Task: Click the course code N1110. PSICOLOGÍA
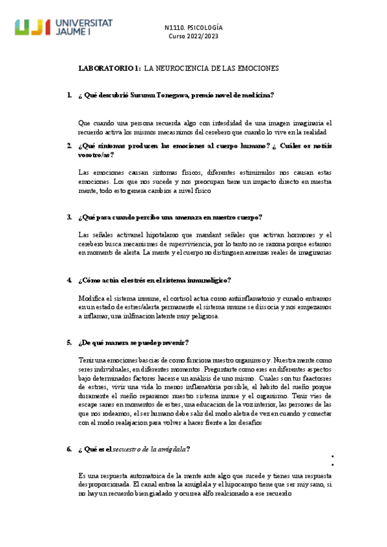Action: coord(194,28)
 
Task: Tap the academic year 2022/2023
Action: coord(203,36)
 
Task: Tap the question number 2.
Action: coord(68,146)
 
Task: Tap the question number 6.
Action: coord(68,449)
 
